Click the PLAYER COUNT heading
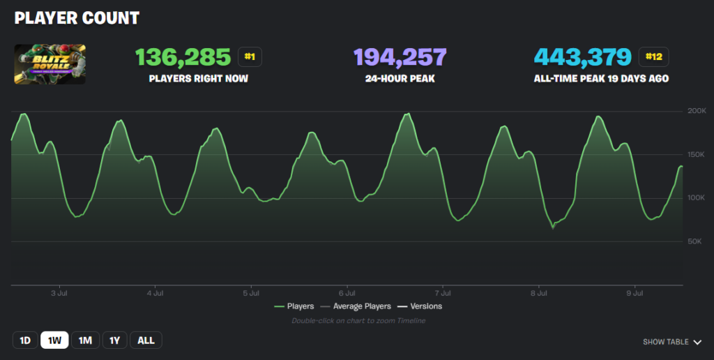tap(77, 17)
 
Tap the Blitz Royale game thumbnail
tap(50, 64)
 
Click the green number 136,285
tap(183, 57)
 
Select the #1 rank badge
tap(250, 57)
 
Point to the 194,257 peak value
tap(400, 57)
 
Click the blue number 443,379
tap(583, 57)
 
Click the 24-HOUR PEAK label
tap(400, 79)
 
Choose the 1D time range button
tap(25, 340)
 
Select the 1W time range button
tap(55, 340)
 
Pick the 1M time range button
tap(85, 340)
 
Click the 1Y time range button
tap(115, 340)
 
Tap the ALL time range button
tap(146, 340)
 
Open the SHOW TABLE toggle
tap(671, 342)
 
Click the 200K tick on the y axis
tap(697, 111)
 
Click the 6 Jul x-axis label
tap(347, 294)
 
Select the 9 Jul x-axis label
tap(633, 294)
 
